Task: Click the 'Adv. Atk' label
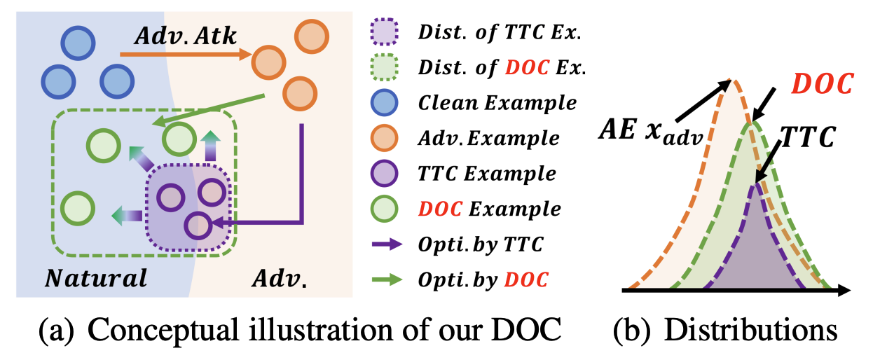pos(185,36)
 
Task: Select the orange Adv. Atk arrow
pos(186,54)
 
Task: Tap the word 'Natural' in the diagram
pos(96,278)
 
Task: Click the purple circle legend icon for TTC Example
pos(384,173)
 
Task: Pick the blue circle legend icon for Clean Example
pos(384,102)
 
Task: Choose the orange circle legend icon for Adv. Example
pos(384,138)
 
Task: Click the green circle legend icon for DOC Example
pos(384,209)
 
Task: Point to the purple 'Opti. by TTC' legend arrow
pos(387,244)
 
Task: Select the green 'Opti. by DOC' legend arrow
pos(387,279)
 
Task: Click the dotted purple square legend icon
pos(384,32)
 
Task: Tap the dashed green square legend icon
pos(384,67)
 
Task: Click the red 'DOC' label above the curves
pos(823,83)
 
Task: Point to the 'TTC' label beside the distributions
pos(808,137)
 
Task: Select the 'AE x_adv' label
pos(651,132)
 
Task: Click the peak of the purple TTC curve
pos(755,184)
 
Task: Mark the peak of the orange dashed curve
pos(731,80)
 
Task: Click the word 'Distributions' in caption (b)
pos(751,331)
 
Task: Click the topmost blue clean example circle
pos(78,43)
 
